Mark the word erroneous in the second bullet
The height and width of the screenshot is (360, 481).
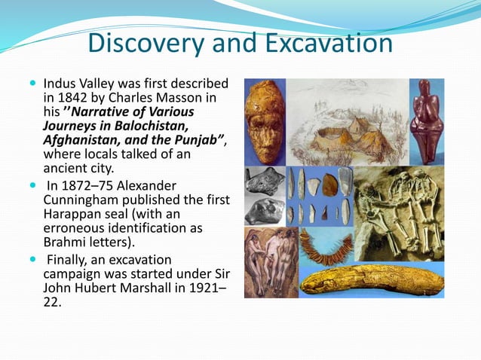pyautogui.click(x=73, y=227)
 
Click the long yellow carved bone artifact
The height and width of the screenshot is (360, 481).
pyautogui.click(x=369, y=280)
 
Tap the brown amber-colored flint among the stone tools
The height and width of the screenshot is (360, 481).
pyautogui.click(x=329, y=185)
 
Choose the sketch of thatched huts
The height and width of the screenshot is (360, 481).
pyautogui.click(x=343, y=132)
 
